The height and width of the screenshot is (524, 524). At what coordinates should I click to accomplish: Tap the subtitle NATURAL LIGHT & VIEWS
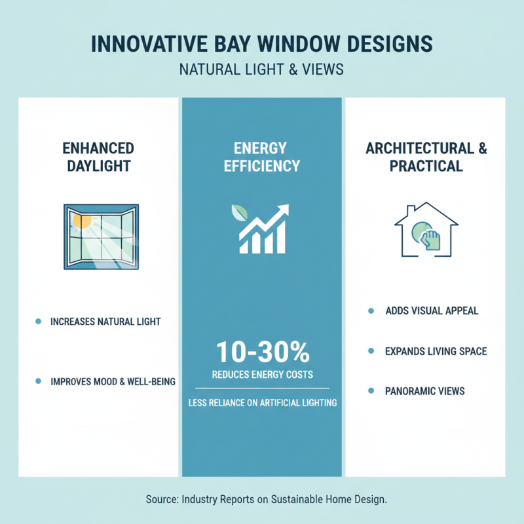point(261,69)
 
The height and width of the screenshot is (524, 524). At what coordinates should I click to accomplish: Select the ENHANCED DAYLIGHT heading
point(98,157)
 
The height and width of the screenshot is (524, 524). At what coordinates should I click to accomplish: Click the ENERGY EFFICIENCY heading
point(261,157)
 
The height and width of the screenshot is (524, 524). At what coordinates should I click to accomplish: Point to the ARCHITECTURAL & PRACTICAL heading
point(426,157)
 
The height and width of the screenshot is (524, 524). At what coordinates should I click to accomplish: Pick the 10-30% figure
point(262,353)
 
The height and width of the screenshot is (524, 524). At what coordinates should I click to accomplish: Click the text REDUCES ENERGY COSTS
point(262,375)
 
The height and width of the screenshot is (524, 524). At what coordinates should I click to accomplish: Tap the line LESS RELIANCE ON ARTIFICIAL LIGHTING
point(262,403)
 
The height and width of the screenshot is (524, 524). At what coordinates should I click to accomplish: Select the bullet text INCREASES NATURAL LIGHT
point(105,322)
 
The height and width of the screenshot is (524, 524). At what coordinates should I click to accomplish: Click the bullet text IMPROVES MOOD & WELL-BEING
point(113,381)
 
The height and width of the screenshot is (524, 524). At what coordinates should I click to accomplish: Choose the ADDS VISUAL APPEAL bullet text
point(432,310)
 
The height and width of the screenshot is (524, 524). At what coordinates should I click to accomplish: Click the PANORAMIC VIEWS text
point(425,391)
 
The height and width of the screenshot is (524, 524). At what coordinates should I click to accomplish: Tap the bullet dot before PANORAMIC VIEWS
point(371,391)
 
